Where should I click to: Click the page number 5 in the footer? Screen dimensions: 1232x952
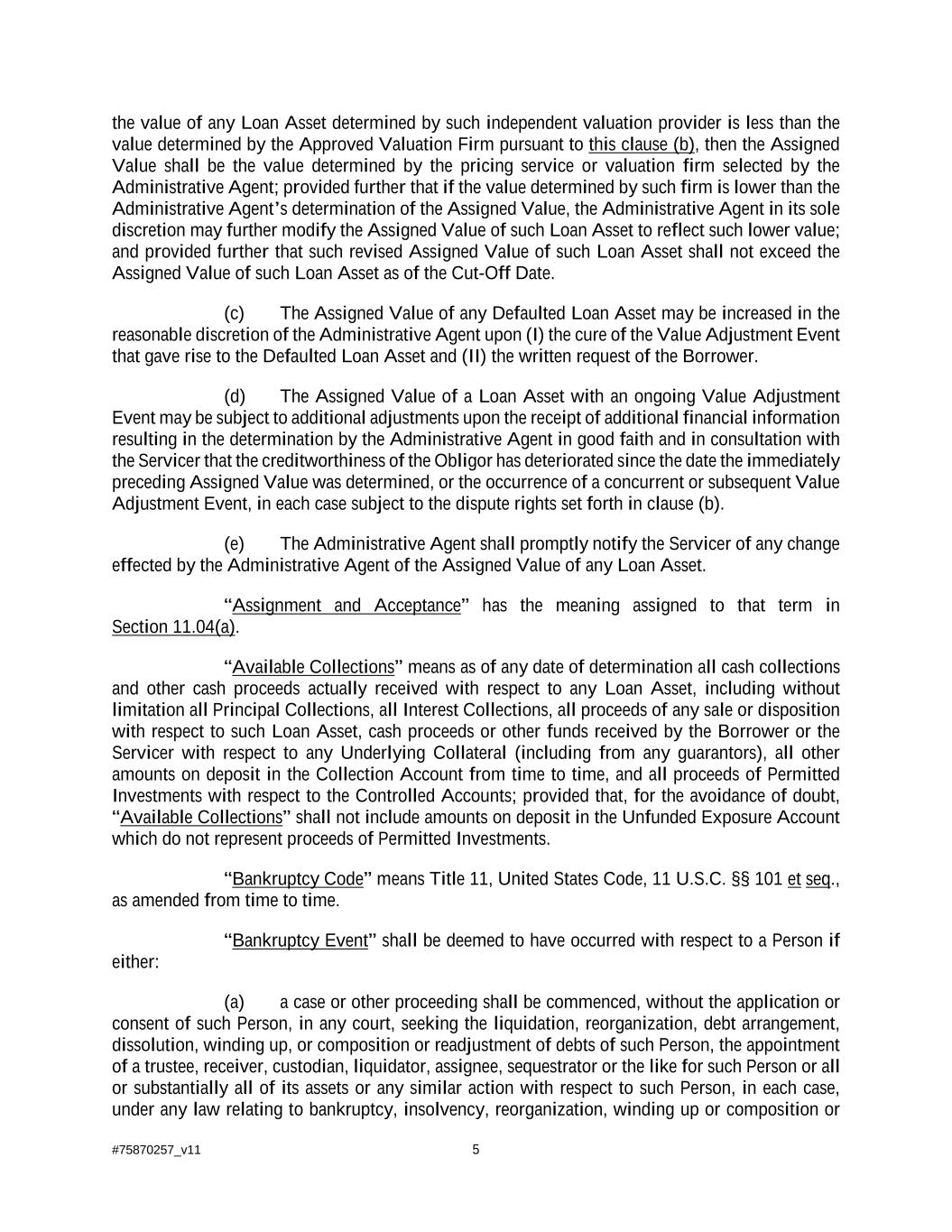[x=476, y=1150]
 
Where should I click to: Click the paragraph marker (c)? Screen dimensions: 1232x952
[x=234, y=314]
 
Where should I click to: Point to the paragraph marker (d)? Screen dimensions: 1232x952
[x=234, y=397]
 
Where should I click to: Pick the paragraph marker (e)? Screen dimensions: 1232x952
[x=234, y=544]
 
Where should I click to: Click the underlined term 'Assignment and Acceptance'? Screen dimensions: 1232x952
[x=346, y=606]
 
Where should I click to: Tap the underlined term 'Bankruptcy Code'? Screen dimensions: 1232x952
[x=298, y=879]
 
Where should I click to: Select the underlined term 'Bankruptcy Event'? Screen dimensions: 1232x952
[x=300, y=941]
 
